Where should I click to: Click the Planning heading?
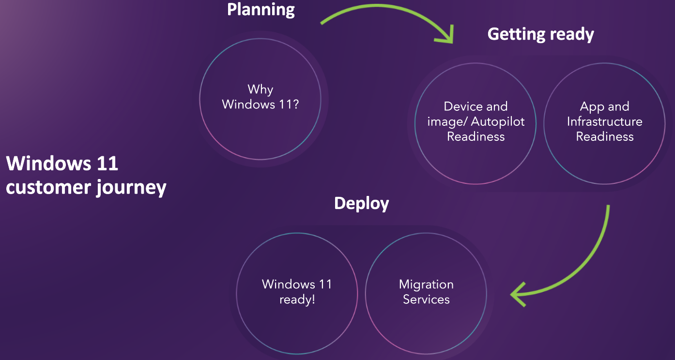pyautogui.click(x=261, y=9)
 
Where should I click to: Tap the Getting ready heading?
pyautogui.click(x=540, y=34)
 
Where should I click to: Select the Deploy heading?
pyautogui.click(x=361, y=204)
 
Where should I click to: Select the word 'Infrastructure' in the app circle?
pyautogui.click(x=604, y=121)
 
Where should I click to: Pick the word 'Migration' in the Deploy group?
pyautogui.click(x=426, y=285)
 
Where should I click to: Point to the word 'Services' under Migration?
pyautogui.click(x=426, y=300)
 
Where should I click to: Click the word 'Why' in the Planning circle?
pyautogui.click(x=261, y=90)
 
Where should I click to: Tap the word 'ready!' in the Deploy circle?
pyautogui.click(x=297, y=300)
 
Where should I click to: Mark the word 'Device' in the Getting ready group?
pyautogui.click(x=462, y=106)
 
